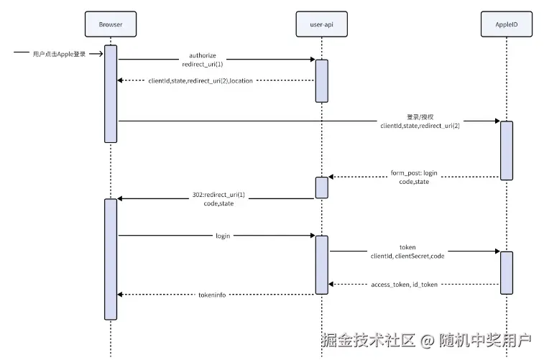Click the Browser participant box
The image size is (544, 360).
[110, 24]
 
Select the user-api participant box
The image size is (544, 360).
[321, 24]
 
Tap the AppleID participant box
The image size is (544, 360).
[505, 24]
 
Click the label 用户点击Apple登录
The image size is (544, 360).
[59, 53]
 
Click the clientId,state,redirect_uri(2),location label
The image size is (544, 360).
[200, 80]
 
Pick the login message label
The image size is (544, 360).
[223, 236]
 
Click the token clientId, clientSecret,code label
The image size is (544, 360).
[407, 251]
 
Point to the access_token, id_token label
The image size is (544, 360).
[404, 285]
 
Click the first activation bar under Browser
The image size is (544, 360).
[111, 93]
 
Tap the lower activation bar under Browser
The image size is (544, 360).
[111, 259]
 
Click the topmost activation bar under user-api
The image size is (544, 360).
[321, 80]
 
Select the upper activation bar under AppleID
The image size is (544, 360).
[506, 150]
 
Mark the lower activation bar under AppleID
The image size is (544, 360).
[506, 272]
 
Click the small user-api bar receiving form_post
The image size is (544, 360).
[321, 187]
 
